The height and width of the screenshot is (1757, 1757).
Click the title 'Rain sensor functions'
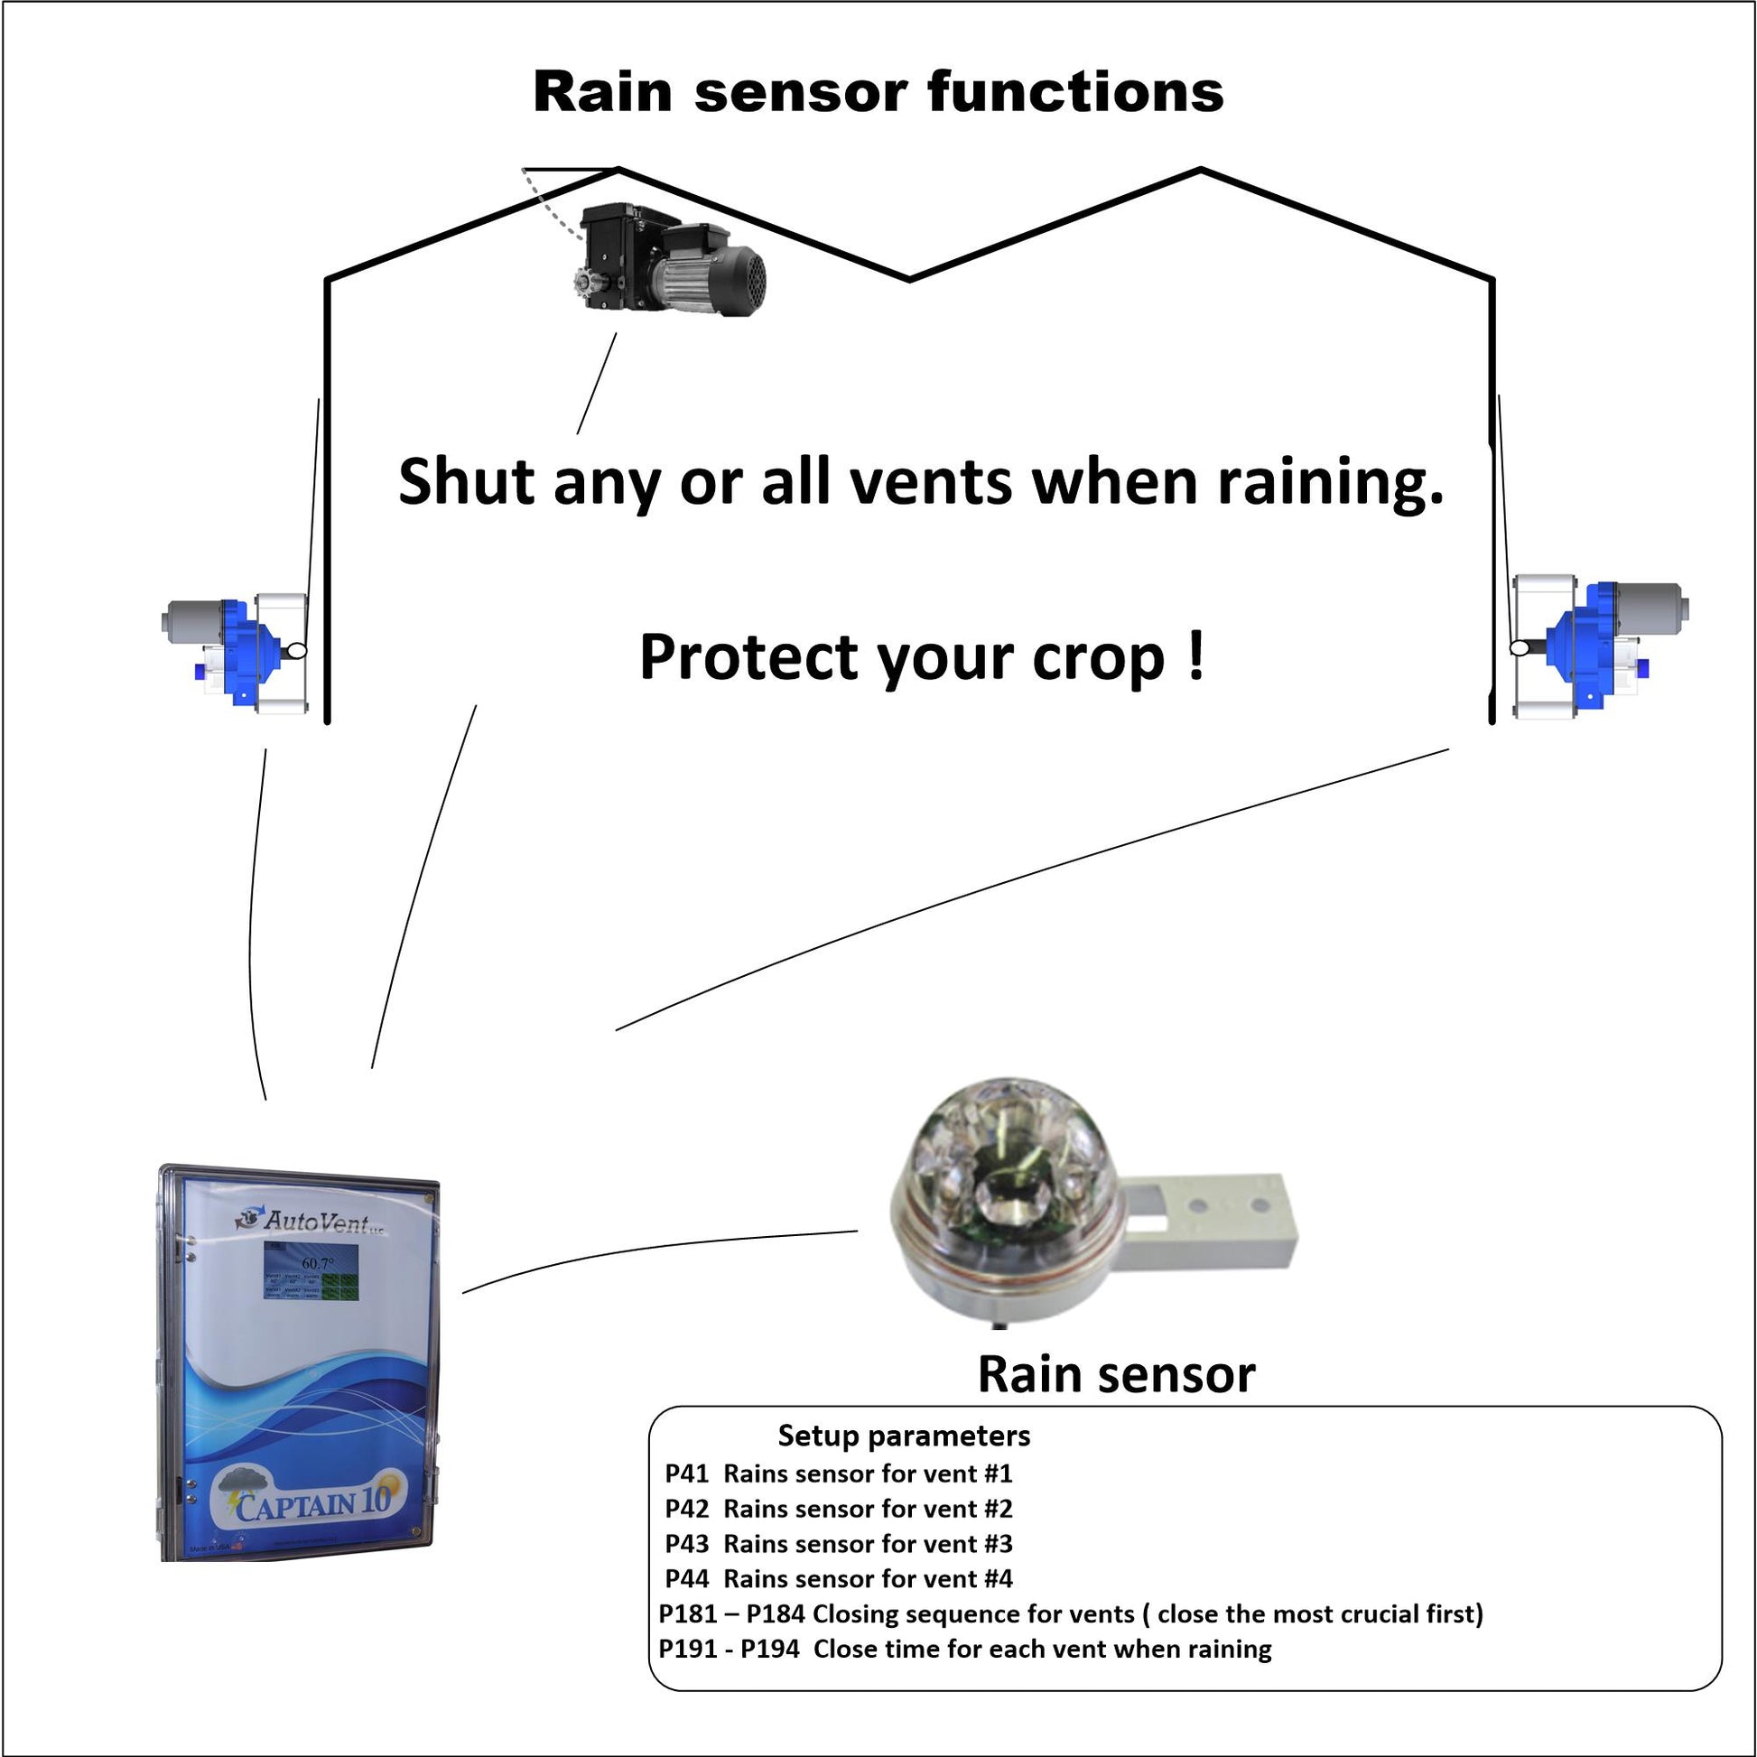click(878, 93)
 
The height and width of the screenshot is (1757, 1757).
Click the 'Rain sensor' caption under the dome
click(1116, 1374)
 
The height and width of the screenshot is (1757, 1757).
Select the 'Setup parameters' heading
click(904, 1436)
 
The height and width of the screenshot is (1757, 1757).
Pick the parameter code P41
click(686, 1473)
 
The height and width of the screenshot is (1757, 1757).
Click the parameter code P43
click(686, 1543)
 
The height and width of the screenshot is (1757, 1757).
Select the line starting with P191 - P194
click(964, 1649)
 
